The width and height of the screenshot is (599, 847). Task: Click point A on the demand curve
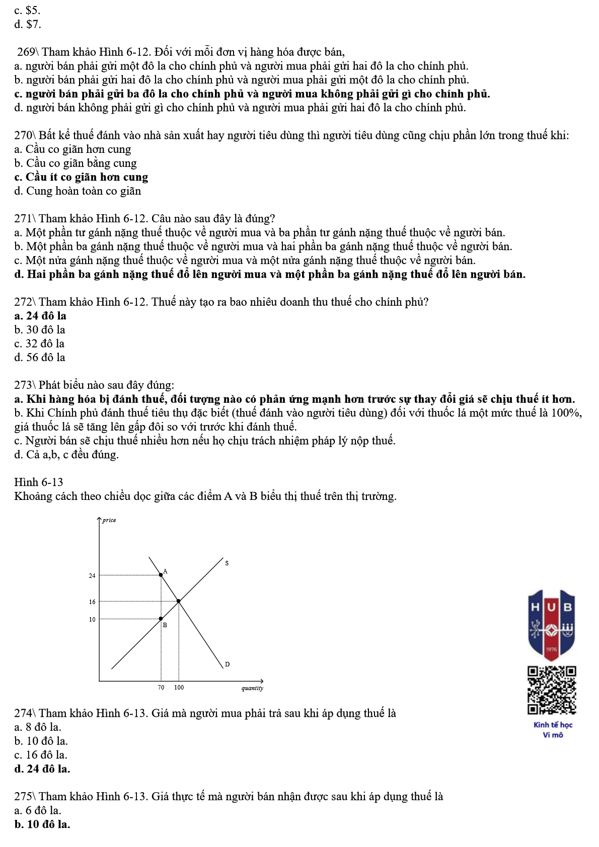[x=161, y=574]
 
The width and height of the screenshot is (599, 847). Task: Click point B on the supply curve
[x=161, y=619]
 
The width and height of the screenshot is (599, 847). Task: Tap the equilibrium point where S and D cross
[x=179, y=601]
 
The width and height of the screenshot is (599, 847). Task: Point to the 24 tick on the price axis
[x=92, y=575]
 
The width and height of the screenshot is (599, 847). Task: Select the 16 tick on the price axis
[x=92, y=602]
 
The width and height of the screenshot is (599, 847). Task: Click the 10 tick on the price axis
[x=92, y=619]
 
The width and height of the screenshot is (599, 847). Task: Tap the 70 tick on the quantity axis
[x=161, y=687]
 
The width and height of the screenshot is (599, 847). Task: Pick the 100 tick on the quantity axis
[x=179, y=687]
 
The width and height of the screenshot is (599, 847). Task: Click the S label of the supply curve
[x=227, y=563]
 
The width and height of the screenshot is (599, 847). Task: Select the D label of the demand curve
[x=227, y=664]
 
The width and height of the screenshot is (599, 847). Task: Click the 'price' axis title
[x=109, y=520]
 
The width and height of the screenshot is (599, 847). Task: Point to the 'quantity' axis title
[x=252, y=688]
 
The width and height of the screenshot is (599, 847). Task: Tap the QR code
[x=552, y=690]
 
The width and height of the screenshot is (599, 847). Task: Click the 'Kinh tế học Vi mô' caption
[x=553, y=730]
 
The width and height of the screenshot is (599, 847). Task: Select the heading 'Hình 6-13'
[x=39, y=482]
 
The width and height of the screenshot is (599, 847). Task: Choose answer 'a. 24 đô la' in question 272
[x=40, y=316]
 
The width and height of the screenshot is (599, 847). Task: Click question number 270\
[x=25, y=135]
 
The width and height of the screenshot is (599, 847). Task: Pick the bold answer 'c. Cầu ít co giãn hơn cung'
[x=81, y=177]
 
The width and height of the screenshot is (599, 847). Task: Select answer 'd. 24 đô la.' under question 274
[x=42, y=769]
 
